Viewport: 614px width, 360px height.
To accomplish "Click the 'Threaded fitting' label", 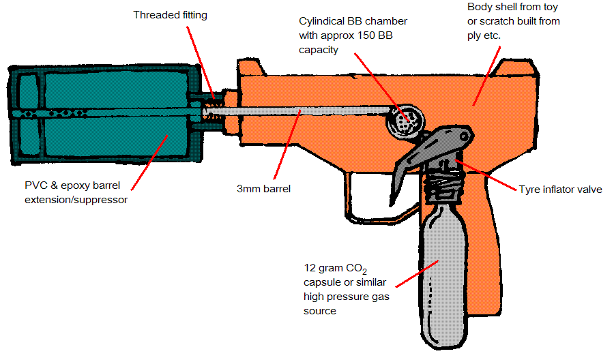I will coord(170,14).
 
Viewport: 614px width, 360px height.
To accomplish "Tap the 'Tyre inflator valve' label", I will coord(560,189).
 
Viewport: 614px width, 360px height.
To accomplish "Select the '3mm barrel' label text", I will coord(263,189).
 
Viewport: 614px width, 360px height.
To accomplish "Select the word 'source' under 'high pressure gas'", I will coord(320,311).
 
